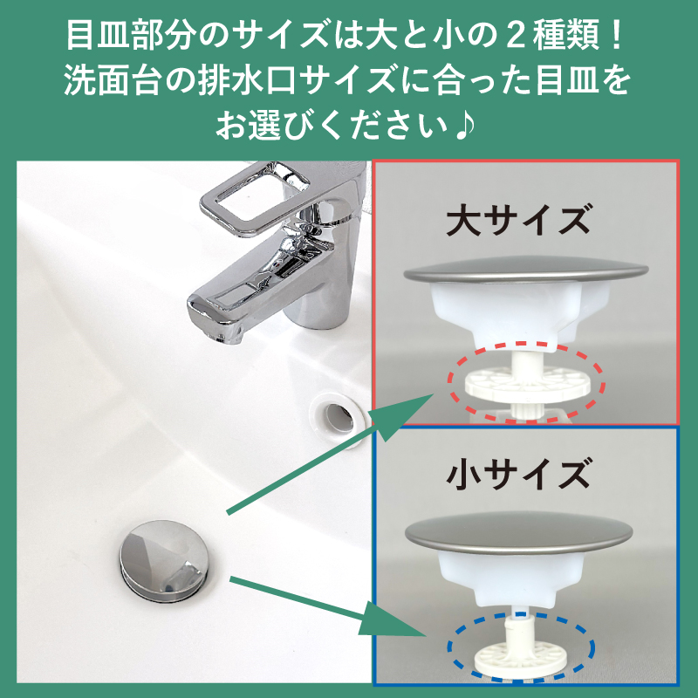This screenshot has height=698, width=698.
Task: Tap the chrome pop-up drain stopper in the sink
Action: click(x=161, y=558)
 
